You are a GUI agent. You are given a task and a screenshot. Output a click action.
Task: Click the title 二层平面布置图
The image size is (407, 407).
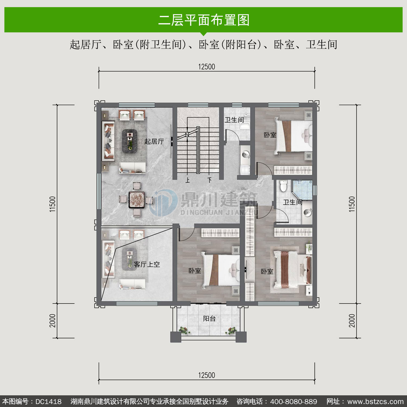click(x=204, y=20)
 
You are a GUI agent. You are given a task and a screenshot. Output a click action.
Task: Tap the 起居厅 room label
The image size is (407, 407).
click(x=154, y=141)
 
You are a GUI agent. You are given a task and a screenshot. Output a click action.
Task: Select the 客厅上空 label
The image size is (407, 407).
click(x=147, y=264)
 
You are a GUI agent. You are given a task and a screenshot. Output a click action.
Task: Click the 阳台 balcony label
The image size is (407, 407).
click(x=209, y=318)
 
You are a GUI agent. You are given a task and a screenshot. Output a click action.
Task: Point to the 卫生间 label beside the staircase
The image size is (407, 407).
click(x=234, y=120)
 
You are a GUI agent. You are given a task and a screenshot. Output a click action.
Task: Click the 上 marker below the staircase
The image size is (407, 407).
click(x=187, y=180)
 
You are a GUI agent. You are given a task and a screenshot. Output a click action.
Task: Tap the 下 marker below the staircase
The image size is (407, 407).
click(x=209, y=180)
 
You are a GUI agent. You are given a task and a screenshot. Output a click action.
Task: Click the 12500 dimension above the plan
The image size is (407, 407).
click(x=206, y=67)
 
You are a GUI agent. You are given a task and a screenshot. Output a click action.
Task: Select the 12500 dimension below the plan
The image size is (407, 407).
click(x=206, y=375)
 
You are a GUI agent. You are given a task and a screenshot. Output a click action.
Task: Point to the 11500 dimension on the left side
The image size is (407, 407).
click(x=53, y=204)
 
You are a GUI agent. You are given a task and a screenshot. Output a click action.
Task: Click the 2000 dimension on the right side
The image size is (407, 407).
click(x=352, y=321)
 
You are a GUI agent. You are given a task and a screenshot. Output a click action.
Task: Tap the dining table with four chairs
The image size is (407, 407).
click(x=137, y=200)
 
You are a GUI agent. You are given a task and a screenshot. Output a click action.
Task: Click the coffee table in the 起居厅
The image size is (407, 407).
click(x=130, y=141)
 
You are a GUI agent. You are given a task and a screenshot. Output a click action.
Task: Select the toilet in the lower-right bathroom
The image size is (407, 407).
click(x=284, y=186)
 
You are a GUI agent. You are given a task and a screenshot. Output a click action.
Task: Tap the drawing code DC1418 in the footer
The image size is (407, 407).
click(x=49, y=402)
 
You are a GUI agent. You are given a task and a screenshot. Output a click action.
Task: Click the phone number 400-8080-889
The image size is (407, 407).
click(x=294, y=402)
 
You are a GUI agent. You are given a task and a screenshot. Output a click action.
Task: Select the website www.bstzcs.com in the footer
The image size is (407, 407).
click(x=376, y=402)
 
